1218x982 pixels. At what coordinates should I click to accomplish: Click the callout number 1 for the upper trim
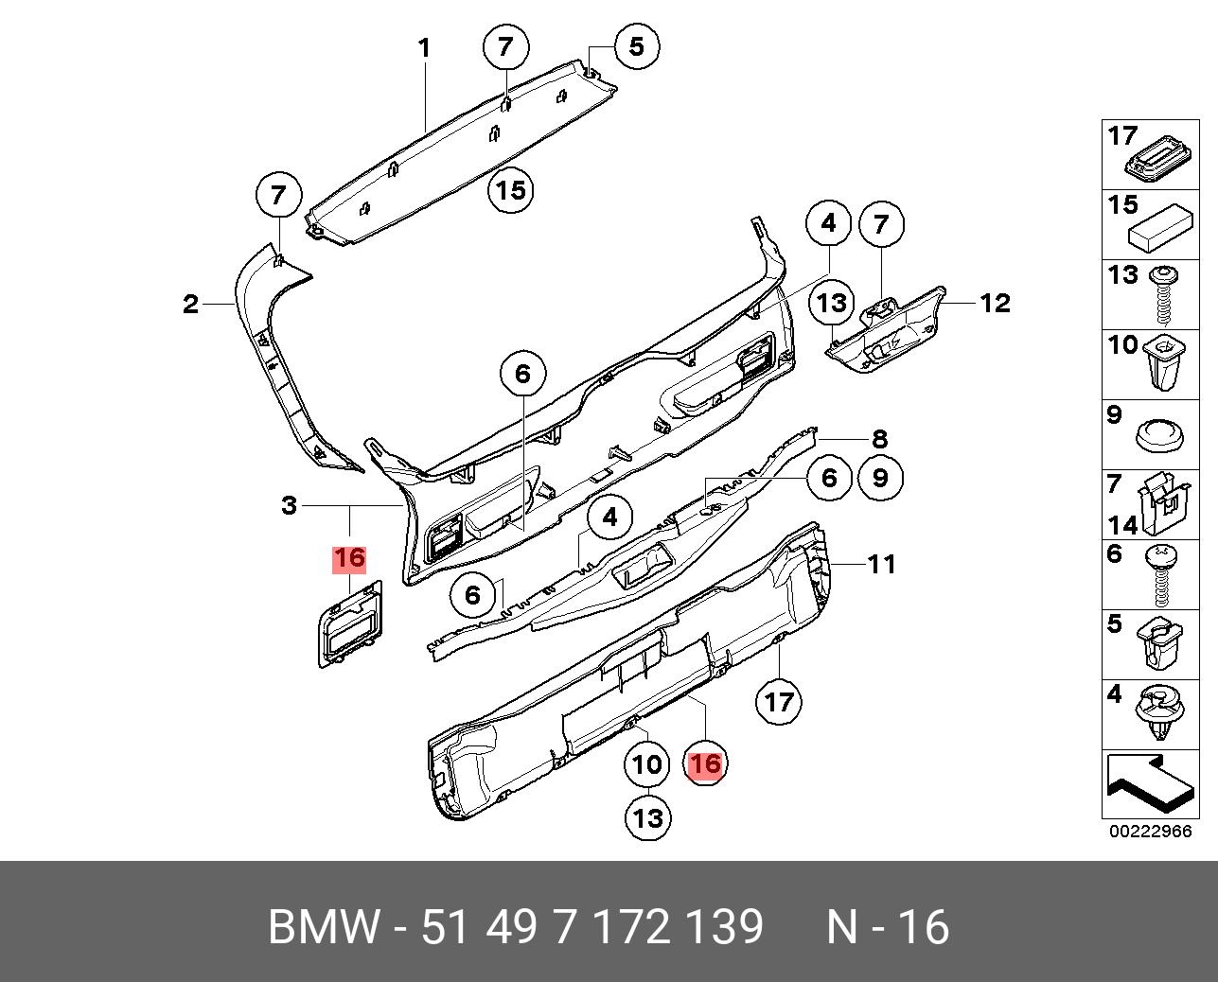pos(425,47)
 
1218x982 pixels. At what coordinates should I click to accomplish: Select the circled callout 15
pos(510,191)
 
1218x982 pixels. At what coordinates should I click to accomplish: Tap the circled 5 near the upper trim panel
pos(636,45)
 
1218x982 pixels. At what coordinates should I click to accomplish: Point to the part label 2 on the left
pos(191,305)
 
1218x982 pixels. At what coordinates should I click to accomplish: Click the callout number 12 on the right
pos(995,303)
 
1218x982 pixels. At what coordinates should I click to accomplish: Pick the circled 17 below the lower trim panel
pos(778,702)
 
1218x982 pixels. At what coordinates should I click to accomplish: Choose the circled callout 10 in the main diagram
pos(647,763)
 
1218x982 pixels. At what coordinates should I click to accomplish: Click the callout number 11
pos(881,565)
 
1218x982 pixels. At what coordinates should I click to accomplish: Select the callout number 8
pos(880,439)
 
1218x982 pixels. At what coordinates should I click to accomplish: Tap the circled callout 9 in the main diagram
pos(880,479)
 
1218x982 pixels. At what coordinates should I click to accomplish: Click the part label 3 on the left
pos(290,506)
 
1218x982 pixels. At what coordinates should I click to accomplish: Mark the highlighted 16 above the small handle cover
pos(349,559)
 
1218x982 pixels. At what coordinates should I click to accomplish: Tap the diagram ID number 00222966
pos(1150,833)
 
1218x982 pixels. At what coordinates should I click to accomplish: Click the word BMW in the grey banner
pos(324,927)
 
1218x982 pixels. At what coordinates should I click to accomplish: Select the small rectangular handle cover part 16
pos(348,624)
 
